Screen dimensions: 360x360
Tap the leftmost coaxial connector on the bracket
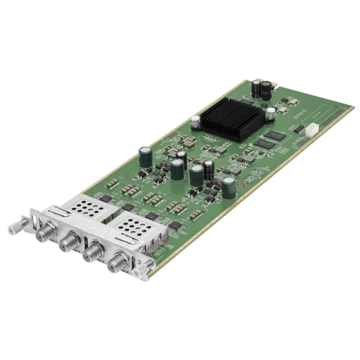pyautogui.click(x=37, y=217)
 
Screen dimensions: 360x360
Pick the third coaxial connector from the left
pyautogui.click(x=91, y=253)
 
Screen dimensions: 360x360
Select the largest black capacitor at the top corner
pyautogui.click(x=266, y=89)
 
